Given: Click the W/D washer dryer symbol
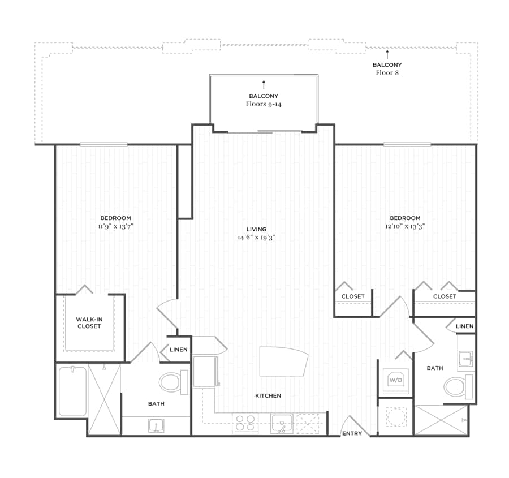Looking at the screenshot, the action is (396, 380).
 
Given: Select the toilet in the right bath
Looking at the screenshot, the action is (458, 387).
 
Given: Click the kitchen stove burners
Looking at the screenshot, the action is (245, 423).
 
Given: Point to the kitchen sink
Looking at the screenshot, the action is (282, 424).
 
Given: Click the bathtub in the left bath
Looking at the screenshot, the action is (73, 391).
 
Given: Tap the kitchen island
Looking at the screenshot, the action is (283, 361).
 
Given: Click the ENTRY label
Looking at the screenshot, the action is (352, 433).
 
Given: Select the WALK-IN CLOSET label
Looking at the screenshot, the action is (89, 323).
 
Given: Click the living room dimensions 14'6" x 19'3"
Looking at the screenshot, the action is (256, 238).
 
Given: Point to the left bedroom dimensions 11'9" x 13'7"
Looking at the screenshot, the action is (116, 226).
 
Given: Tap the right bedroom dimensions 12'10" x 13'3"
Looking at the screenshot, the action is (405, 226).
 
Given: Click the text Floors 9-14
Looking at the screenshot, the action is (264, 104).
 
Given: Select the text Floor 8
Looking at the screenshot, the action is (387, 73).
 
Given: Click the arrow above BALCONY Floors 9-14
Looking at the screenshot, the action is (264, 85).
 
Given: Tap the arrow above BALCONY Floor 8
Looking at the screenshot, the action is (387, 54).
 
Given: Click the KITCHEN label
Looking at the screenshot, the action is (268, 395).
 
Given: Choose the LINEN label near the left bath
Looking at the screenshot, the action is (179, 350).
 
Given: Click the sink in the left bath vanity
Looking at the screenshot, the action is (156, 426).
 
